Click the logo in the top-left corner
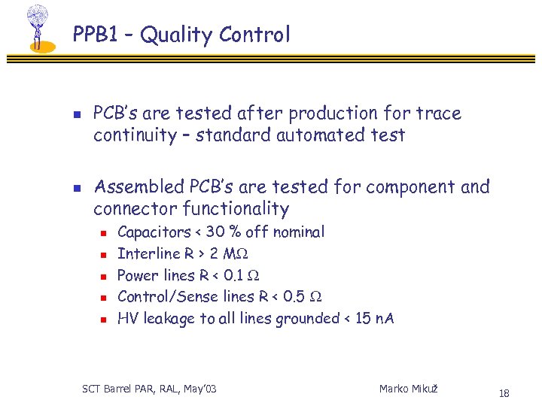coord(37,29)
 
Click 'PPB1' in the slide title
coord(94,35)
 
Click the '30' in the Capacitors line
coord(216,232)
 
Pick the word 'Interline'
coord(149,253)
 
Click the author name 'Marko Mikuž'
coord(408,389)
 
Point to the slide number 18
coord(504,393)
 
